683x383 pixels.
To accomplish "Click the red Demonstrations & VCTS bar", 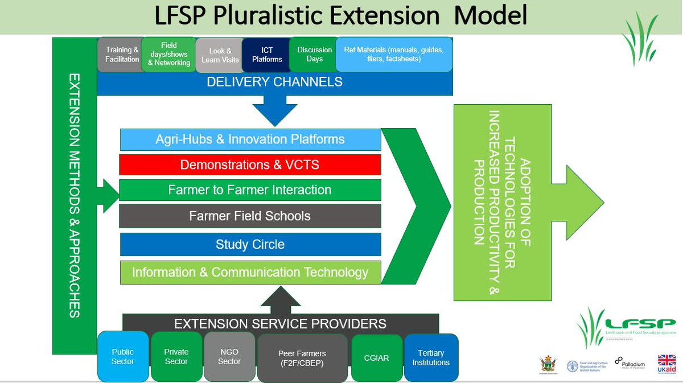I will [250, 165].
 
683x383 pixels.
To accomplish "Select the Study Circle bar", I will [250, 245].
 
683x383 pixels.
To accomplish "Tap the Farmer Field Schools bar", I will [250, 216].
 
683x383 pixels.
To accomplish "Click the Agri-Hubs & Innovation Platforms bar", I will [250, 139].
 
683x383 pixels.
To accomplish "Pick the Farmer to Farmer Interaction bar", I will [250, 190].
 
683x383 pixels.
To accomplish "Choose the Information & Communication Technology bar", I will [250, 273].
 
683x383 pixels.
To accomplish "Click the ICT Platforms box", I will [266, 55].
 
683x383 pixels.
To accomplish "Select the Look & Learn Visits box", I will [220, 55].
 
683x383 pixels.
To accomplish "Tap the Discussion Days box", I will [314, 55].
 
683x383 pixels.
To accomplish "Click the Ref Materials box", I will [394, 55].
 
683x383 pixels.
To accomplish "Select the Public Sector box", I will [123, 357].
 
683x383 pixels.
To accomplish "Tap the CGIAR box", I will [376, 358].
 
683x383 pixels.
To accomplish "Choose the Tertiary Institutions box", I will [431, 357].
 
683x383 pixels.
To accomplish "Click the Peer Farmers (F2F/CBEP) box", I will [302, 358].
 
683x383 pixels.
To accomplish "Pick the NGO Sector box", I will [229, 357].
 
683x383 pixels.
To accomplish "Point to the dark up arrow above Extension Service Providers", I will [280, 300].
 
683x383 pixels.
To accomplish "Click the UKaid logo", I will [666, 364].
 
